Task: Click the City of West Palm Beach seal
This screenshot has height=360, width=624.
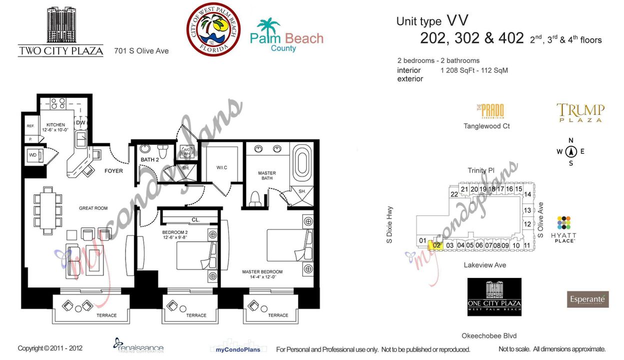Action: click(x=213, y=29)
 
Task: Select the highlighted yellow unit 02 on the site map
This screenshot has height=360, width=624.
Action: click(x=437, y=245)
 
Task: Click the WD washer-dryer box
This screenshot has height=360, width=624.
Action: click(x=33, y=155)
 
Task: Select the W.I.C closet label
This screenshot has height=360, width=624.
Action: click(x=221, y=167)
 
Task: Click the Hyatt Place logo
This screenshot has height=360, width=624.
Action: click(x=563, y=229)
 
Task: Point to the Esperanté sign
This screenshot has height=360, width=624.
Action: click(x=587, y=299)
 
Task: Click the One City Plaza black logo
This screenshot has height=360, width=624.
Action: click(x=494, y=297)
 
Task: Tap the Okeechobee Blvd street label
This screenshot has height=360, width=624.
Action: click(x=489, y=336)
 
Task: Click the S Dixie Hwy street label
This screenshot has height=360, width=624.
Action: click(x=389, y=225)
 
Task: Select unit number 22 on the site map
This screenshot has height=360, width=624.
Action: click(x=454, y=194)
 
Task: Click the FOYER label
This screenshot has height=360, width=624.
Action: click(x=113, y=171)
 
